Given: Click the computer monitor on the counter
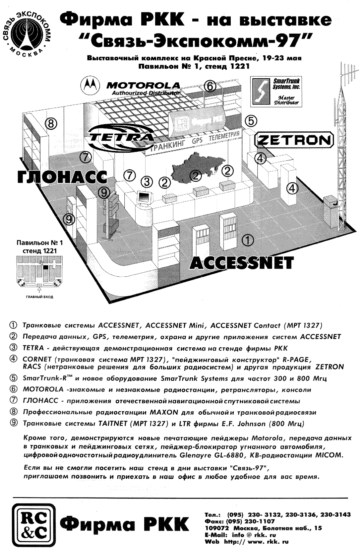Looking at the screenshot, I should click(144, 198).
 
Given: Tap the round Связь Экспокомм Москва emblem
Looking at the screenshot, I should click(28, 33).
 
